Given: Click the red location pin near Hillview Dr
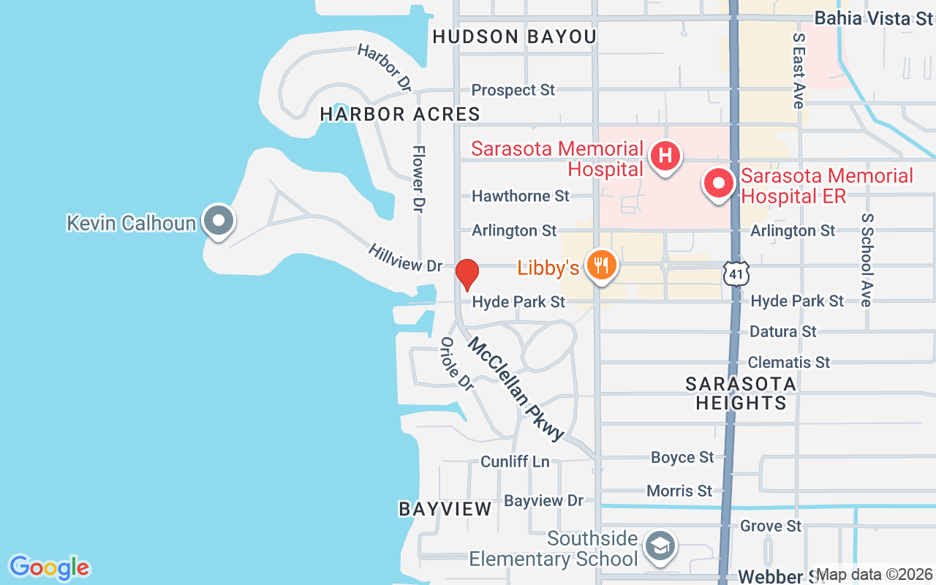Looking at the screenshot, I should (x=467, y=274).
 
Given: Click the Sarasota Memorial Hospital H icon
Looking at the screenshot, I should (x=665, y=156).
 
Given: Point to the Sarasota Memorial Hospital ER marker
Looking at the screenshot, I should (x=719, y=183).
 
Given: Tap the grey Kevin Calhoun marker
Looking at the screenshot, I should (x=218, y=220).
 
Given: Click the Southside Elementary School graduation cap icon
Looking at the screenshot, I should (x=660, y=546).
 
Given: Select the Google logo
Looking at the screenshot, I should (x=49, y=567).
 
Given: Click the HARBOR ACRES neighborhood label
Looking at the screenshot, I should (x=400, y=114).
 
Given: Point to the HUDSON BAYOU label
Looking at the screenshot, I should (x=514, y=37).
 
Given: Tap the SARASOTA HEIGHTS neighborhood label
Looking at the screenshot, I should (x=741, y=393).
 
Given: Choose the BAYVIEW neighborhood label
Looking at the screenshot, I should (x=445, y=510).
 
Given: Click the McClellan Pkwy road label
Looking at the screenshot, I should (x=516, y=389).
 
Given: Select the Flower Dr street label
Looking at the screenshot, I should (x=418, y=179).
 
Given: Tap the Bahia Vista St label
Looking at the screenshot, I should (x=873, y=18).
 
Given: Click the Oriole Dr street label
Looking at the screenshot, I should (x=457, y=363).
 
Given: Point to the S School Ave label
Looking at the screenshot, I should (x=867, y=260).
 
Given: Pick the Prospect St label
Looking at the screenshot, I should (x=513, y=90).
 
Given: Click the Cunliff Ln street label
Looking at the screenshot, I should (x=515, y=461).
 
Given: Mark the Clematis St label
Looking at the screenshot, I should (x=789, y=362).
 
